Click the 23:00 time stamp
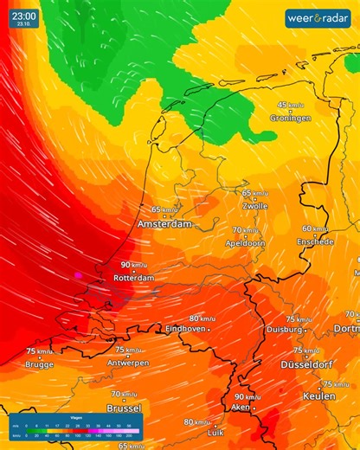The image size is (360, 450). (x=24, y=16)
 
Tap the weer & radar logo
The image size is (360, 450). (x=318, y=18)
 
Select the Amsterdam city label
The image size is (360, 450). (x=164, y=223)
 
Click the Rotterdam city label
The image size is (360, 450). (x=133, y=278)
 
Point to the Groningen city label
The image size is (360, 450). (x=290, y=118)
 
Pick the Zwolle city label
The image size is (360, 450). (x=255, y=206)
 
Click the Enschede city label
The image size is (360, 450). (x=315, y=241)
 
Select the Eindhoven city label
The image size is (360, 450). (x=185, y=330)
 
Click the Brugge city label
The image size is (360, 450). (x=39, y=364)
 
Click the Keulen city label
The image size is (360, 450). (x=318, y=395)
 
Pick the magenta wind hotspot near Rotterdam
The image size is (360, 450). (x=79, y=274)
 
